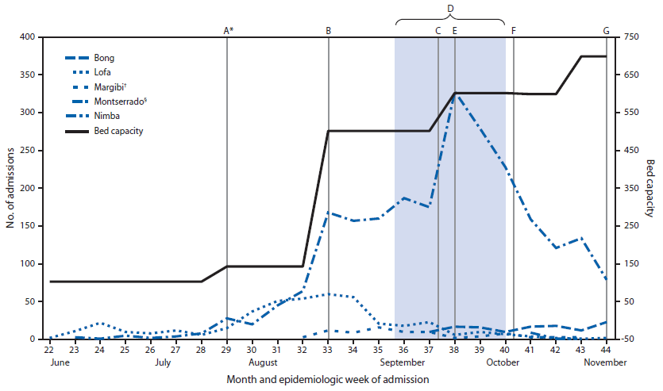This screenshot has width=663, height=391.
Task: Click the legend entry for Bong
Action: [104, 59]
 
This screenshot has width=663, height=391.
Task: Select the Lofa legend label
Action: [102, 73]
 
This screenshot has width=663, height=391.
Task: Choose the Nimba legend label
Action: [106, 116]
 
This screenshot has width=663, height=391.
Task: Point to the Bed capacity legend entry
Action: [118, 130]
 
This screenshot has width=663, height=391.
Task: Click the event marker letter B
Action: [329, 31]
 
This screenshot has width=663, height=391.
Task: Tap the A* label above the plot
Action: [228, 31]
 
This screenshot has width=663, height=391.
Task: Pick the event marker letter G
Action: [607, 31]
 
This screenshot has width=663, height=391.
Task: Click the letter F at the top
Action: [514, 31]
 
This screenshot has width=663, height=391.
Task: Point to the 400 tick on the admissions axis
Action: [28, 37]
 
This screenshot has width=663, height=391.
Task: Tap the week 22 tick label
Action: [49, 350]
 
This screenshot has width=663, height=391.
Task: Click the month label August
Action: [263, 362]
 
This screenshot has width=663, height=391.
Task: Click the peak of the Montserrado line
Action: [455, 94]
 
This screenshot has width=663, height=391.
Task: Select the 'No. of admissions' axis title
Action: [10, 188]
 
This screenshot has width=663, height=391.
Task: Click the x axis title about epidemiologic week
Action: [328, 379]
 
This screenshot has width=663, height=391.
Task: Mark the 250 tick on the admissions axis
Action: [28, 151]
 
